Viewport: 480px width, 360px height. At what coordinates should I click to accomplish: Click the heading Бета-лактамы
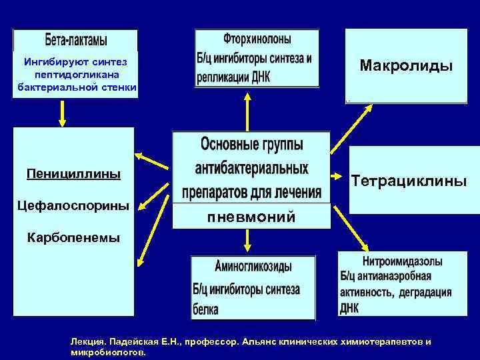pos(75,40)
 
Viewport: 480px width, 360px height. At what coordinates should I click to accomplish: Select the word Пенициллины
pos(73,174)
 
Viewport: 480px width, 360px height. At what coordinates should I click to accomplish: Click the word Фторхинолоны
pos(257,40)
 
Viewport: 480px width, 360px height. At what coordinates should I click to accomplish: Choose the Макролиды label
pos(406,65)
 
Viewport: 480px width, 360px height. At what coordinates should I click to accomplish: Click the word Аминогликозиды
pos(253,267)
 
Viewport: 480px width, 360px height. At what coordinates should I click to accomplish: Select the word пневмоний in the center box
pos(251,217)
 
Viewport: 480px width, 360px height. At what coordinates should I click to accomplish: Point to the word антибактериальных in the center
pos(251,167)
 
